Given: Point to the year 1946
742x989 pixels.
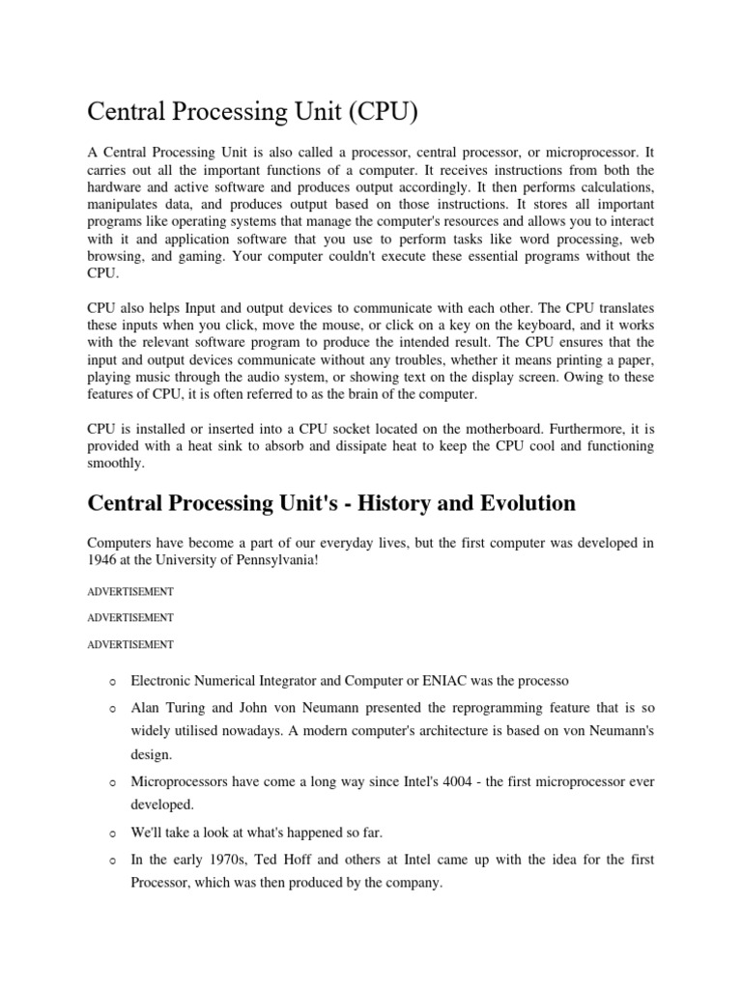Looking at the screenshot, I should [103, 560].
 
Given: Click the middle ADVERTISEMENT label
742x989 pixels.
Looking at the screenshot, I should [130, 617].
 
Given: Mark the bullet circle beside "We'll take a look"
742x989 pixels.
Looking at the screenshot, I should [113, 833].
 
